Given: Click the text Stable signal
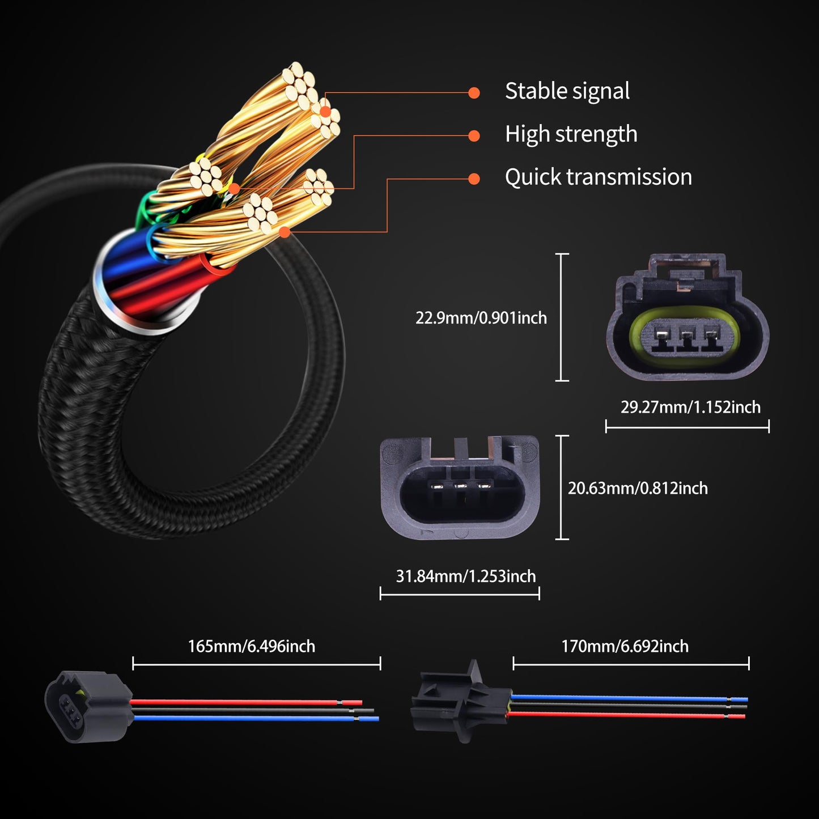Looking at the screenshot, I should (x=567, y=91).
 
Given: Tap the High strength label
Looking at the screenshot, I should (x=571, y=134).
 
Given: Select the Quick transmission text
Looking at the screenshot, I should (x=598, y=177).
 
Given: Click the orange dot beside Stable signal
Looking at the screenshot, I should (x=474, y=93).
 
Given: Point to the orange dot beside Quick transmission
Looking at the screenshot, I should (x=474, y=179).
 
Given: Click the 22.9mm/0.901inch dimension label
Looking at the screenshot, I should (x=481, y=318).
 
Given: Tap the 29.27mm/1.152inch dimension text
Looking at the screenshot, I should (x=690, y=407).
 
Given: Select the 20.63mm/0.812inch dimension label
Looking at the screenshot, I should (x=638, y=488).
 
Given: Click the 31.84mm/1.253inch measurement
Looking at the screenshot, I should (x=465, y=576).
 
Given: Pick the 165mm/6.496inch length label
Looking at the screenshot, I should (x=251, y=646).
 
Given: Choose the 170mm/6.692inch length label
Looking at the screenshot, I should (x=625, y=646).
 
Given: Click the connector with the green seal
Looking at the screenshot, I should (x=687, y=317).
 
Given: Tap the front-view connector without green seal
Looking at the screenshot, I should (x=460, y=487).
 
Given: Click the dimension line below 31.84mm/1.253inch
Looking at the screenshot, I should (x=459, y=594).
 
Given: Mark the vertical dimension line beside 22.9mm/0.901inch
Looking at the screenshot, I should (x=562, y=317).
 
